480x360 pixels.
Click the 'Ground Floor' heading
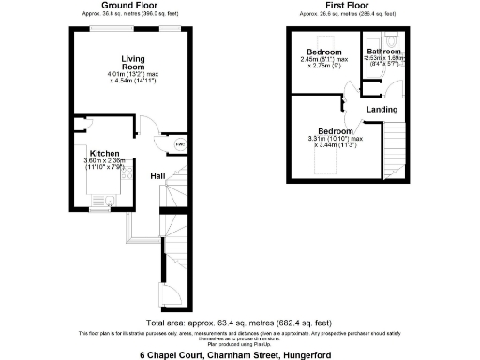pyautogui.click(x=128, y=5)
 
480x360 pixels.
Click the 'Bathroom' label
pyautogui.click(x=384, y=51)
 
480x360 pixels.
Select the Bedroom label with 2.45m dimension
pyautogui.click(x=324, y=51)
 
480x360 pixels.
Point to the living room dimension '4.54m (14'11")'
pyautogui.click(x=133, y=82)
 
